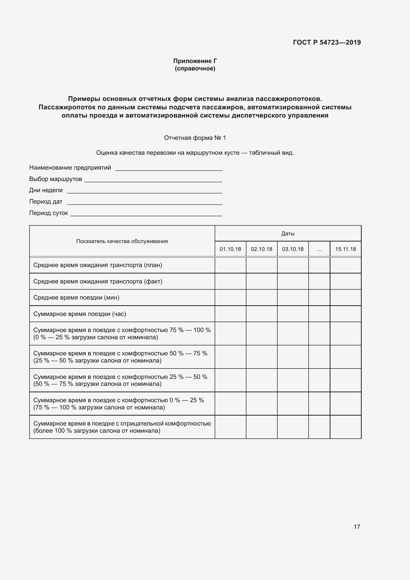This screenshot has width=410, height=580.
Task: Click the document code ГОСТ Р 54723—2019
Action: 327,42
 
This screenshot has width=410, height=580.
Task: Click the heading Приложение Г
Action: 195,61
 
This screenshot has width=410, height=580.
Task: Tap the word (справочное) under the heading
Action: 195,68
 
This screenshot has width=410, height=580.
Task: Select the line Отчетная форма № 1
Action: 195,138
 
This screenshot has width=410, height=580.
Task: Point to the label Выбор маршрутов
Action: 56,179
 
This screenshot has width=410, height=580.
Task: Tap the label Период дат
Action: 46,202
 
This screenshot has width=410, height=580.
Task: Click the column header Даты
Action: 288,233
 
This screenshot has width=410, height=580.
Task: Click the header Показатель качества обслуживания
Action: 122,241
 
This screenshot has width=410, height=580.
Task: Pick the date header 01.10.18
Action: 230,249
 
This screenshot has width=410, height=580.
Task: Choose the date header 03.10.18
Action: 293,249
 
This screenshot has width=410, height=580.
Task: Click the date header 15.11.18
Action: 345,249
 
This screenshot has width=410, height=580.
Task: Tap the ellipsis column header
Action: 319,249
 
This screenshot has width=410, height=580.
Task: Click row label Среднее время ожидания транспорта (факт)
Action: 98,281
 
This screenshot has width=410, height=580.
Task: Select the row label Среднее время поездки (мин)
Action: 76,298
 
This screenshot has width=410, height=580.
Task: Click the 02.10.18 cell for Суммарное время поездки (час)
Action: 262,314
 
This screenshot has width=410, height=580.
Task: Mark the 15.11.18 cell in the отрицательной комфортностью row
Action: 345,427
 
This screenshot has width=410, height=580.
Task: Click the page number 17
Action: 357,527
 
